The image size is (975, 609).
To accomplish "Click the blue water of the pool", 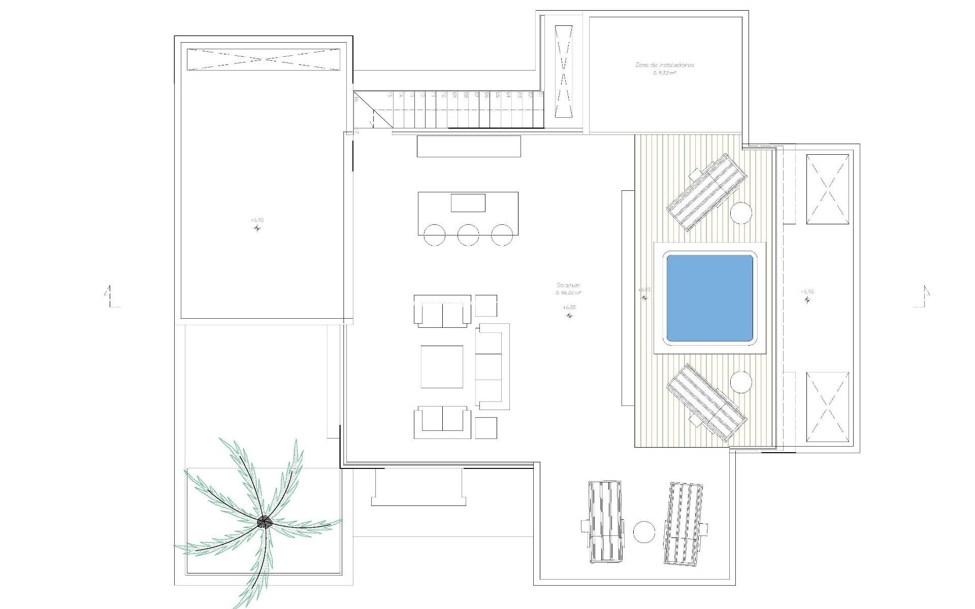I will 709,298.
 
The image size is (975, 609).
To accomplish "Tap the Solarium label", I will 568,286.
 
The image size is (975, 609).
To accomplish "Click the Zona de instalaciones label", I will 664,65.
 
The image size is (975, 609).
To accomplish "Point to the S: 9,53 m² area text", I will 664,73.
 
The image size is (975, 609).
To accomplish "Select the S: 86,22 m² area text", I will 568,293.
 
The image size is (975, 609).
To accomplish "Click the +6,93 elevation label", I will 257,220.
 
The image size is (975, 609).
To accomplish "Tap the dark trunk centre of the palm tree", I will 264,521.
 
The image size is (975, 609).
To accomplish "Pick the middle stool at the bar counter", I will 468,235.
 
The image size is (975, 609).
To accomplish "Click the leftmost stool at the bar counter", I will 434,235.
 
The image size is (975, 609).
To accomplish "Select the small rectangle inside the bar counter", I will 468,202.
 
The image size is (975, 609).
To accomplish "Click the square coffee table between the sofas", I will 442,366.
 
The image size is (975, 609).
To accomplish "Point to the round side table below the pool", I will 741,381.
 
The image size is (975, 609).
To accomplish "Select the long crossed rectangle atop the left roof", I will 264,59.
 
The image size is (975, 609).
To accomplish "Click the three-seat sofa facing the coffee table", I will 492,366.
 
